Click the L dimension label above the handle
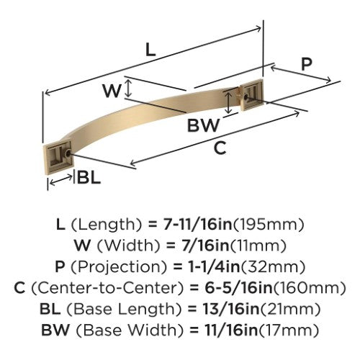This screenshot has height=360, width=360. (150, 50)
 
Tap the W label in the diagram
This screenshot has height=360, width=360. (112, 91)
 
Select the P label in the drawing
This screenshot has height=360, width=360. (307, 64)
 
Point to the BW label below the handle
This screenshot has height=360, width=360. (204, 125)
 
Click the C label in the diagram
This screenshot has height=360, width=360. (220, 148)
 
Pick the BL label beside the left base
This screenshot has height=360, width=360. (89, 178)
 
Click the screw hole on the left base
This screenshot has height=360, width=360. (68, 153)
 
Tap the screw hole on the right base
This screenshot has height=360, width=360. (246, 96)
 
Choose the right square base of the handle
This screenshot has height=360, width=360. (252, 94)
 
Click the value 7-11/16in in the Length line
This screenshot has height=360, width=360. (198, 225)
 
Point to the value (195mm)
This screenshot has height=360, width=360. (269, 225)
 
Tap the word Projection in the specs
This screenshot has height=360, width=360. (119, 267)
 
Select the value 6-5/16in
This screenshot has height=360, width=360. (239, 288)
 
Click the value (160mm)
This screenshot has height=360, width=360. (310, 288)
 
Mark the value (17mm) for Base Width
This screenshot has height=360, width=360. (289, 330)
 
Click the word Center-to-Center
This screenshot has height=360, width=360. (107, 288)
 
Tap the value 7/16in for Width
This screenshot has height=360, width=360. (205, 246)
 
